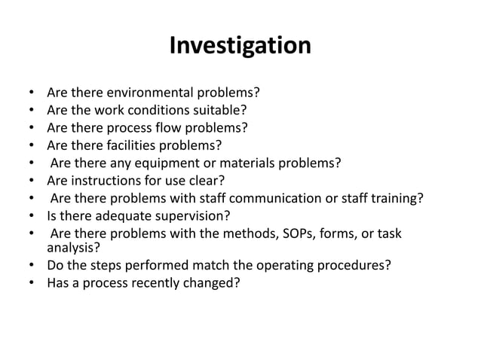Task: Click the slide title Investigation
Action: coord(240,46)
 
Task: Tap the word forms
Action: coord(349,234)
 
